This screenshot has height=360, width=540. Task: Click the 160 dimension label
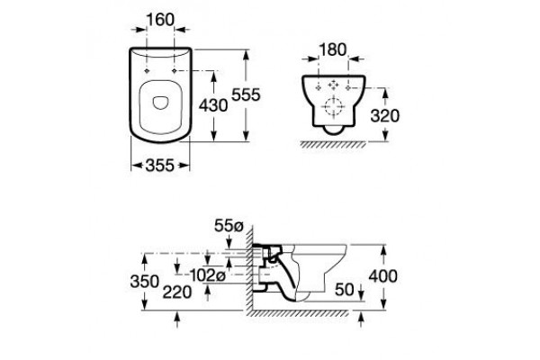tap(160, 20)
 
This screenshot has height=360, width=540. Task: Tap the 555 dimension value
tap(246, 94)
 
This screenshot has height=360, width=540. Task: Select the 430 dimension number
tap(213, 105)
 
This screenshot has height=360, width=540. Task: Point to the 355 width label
tap(160, 166)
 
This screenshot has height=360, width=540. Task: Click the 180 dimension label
tap(333, 50)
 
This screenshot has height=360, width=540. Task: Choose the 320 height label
tap(384, 116)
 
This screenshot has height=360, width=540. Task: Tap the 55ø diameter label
tap(229, 226)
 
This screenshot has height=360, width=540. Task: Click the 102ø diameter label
tap(208, 274)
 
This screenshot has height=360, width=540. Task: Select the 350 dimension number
tap(144, 282)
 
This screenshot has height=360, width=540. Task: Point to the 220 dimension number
tap(177, 292)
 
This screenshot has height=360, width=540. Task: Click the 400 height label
tap(383, 276)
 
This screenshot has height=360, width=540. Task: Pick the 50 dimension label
tap(345, 290)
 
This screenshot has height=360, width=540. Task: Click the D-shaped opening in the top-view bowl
tap(160, 103)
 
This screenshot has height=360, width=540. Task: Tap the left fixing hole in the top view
tap(147, 71)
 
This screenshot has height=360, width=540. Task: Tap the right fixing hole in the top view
tap(175, 71)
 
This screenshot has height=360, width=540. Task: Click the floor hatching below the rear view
tap(333, 145)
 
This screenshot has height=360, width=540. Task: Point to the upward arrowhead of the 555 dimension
tap(246, 56)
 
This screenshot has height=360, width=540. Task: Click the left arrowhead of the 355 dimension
tap(137, 166)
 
